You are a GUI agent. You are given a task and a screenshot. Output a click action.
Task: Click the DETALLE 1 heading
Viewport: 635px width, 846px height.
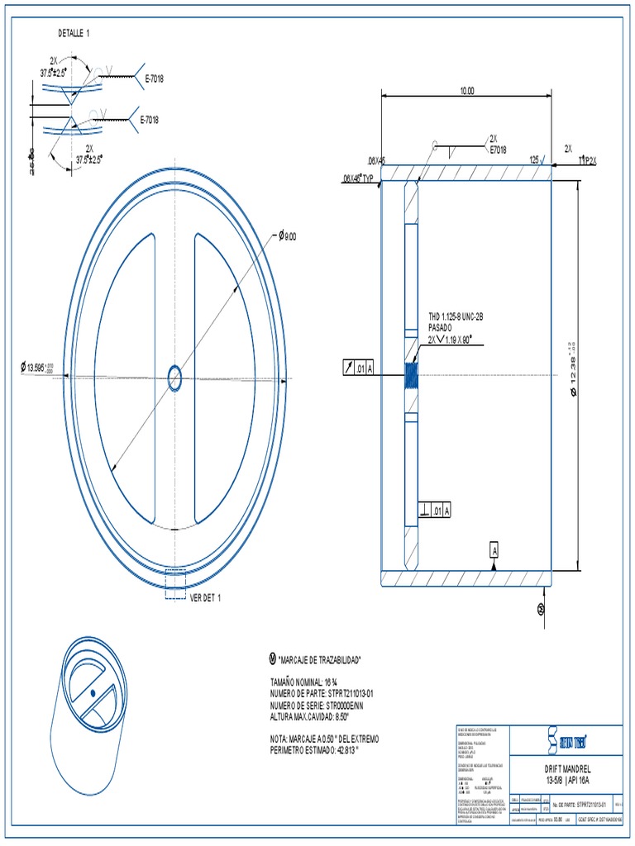(x=74, y=32)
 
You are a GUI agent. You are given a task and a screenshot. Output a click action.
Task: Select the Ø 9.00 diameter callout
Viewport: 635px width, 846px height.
(x=286, y=236)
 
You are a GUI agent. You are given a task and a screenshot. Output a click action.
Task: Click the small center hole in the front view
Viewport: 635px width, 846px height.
(x=175, y=378)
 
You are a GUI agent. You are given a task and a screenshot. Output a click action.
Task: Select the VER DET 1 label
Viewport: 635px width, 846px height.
(x=207, y=597)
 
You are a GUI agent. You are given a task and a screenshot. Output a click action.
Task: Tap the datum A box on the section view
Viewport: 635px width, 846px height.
(x=494, y=549)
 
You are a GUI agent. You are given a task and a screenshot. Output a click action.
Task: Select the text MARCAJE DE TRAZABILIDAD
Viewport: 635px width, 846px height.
(x=321, y=660)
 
